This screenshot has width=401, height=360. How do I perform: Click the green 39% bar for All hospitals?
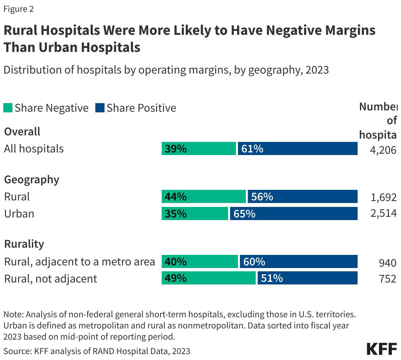point(199,148)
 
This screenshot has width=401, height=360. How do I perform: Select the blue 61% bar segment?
point(297,148)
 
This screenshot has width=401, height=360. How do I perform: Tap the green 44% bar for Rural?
point(203,196)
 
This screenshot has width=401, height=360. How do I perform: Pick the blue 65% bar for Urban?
point(294,214)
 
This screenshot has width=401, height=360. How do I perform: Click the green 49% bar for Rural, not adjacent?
point(208,278)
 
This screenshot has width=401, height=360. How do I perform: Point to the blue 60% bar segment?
point(298,261)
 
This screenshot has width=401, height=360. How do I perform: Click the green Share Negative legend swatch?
point(8,108)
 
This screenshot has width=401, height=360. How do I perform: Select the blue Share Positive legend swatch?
point(100,108)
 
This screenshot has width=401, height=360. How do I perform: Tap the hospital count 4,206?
point(383,150)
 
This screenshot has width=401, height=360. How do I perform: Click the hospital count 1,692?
point(383,197)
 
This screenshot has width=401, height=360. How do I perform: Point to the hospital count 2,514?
point(383,214)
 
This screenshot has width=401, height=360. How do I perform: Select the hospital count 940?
point(387,262)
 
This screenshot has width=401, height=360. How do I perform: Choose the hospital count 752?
point(387,279)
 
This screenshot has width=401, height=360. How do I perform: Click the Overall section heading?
point(22,131)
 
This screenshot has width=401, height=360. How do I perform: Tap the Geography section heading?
point(32,180)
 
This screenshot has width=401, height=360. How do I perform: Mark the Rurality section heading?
point(24,244)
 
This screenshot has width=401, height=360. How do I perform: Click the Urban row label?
point(19,214)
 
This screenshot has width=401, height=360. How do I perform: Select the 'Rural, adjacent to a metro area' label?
point(79,261)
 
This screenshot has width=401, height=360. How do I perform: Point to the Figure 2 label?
point(18,9)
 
